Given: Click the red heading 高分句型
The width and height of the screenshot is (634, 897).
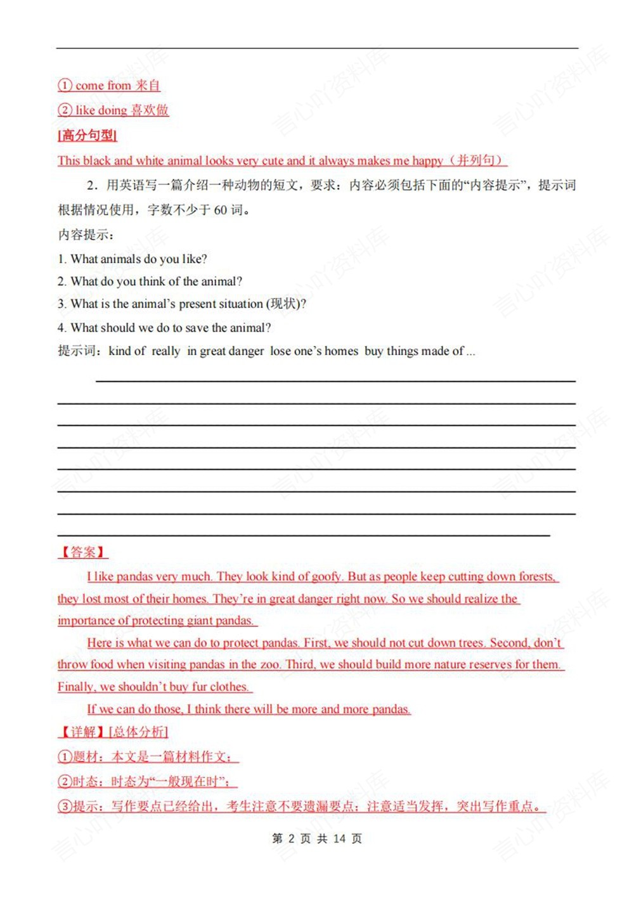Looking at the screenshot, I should click(x=87, y=135).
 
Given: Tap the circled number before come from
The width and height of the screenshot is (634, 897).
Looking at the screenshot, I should click(x=65, y=86).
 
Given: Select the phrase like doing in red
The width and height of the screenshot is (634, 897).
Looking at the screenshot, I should click(x=101, y=110).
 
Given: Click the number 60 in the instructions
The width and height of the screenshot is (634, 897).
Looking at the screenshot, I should click(x=220, y=210).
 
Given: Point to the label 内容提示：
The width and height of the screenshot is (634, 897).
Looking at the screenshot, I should click(x=86, y=235).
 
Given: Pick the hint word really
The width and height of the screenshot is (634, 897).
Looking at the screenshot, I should click(x=165, y=351).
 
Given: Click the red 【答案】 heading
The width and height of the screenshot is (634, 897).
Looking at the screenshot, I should click(x=83, y=552).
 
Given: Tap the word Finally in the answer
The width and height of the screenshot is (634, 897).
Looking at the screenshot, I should click(x=75, y=687).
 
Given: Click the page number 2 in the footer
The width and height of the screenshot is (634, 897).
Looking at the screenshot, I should click(x=291, y=839).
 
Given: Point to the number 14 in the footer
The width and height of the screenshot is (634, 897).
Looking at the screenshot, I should click(x=339, y=839).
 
